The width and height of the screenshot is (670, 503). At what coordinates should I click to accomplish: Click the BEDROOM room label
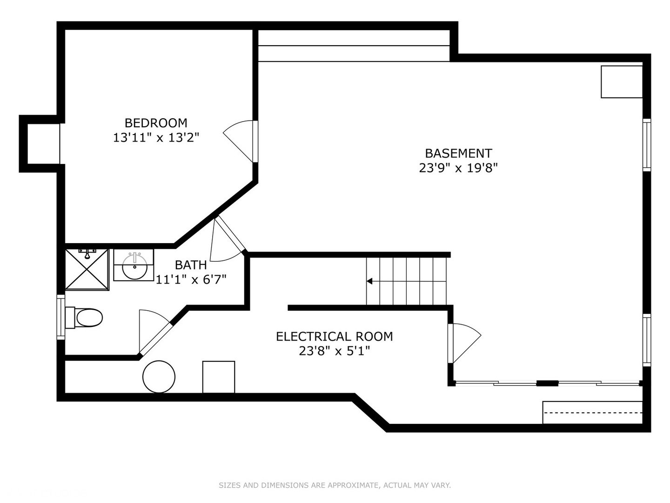point(156,123)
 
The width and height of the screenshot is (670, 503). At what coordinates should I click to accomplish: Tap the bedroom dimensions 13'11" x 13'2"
point(156,137)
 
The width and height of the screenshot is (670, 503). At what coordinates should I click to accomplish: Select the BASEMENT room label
point(458,153)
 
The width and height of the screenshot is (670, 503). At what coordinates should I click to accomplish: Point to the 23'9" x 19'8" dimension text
point(458,168)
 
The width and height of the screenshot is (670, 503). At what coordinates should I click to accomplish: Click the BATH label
point(191,265)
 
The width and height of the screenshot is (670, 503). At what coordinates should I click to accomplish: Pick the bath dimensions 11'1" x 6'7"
point(191,279)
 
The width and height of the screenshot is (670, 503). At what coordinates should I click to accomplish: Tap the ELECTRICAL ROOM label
point(334,336)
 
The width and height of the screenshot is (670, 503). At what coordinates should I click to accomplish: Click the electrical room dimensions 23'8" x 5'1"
point(334,351)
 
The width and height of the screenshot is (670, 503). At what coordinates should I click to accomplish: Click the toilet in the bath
point(84,318)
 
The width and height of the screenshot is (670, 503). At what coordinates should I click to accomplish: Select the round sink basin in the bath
point(134,266)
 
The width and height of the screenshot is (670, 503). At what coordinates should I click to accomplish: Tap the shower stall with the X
point(87,269)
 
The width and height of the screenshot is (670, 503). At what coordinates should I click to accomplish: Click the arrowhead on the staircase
point(369,281)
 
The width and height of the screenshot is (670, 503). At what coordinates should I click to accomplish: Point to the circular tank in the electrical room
point(159,377)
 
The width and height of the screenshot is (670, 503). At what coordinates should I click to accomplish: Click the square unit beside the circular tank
point(219,377)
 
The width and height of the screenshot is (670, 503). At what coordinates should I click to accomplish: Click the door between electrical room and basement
point(464,343)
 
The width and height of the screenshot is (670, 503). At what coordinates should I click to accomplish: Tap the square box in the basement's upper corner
point(622,82)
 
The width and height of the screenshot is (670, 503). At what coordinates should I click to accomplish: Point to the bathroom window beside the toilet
point(61,317)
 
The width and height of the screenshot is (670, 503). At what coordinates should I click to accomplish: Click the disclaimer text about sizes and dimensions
point(335,485)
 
